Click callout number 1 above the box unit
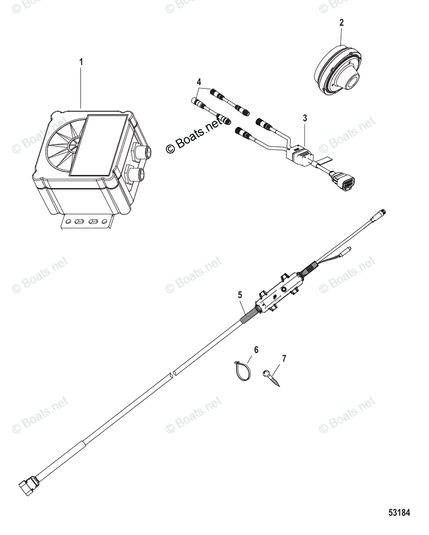click(81, 62)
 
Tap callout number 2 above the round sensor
click(342, 22)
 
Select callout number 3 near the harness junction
click(304, 118)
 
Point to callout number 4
click(199, 82)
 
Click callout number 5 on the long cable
click(240, 295)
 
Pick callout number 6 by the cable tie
click(256, 350)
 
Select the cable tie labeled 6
click(241, 370)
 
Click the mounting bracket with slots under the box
click(86, 221)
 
